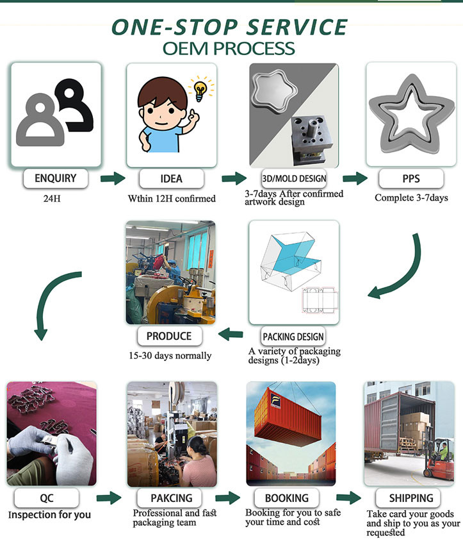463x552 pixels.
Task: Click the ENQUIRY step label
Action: pyautogui.click(x=56, y=178)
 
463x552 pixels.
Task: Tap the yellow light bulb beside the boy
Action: pyautogui.click(x=200, y=90)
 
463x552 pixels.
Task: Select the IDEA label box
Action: pyautogui.click(x=171, y=179)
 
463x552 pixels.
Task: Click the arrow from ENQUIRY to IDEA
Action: pyautogui.click(x=113, y=178)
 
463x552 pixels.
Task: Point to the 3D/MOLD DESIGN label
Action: pyautogui.click(x=294, y=178)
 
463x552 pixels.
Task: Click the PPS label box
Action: pyautogui.click(x=411, y=179)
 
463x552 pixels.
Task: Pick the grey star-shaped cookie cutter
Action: pyautogui.click(x=411, y=116)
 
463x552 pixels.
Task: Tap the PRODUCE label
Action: pyautogui.click(x=170, y=336)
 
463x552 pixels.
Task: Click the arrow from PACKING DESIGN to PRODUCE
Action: pyautogui.click(x=231, y=334)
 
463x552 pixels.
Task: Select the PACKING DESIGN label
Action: pyautogui.click(x=293, y=337)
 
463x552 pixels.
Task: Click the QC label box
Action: pyautogui.click(x=47, y=498)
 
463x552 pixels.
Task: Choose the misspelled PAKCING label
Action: pyautogui.click(x=171, y=498)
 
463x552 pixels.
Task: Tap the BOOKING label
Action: pyautogui.click(x=287, y=498)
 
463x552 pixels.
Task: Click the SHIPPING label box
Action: pyautogui.click(x=411, y=498)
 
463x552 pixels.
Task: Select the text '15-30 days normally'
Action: pyautogui.click(x=170, y=356)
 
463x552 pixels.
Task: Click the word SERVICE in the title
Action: pyautogui.click(x=296, y=27)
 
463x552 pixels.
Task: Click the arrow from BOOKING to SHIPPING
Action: pyautogui.click(x=348, y=498)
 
